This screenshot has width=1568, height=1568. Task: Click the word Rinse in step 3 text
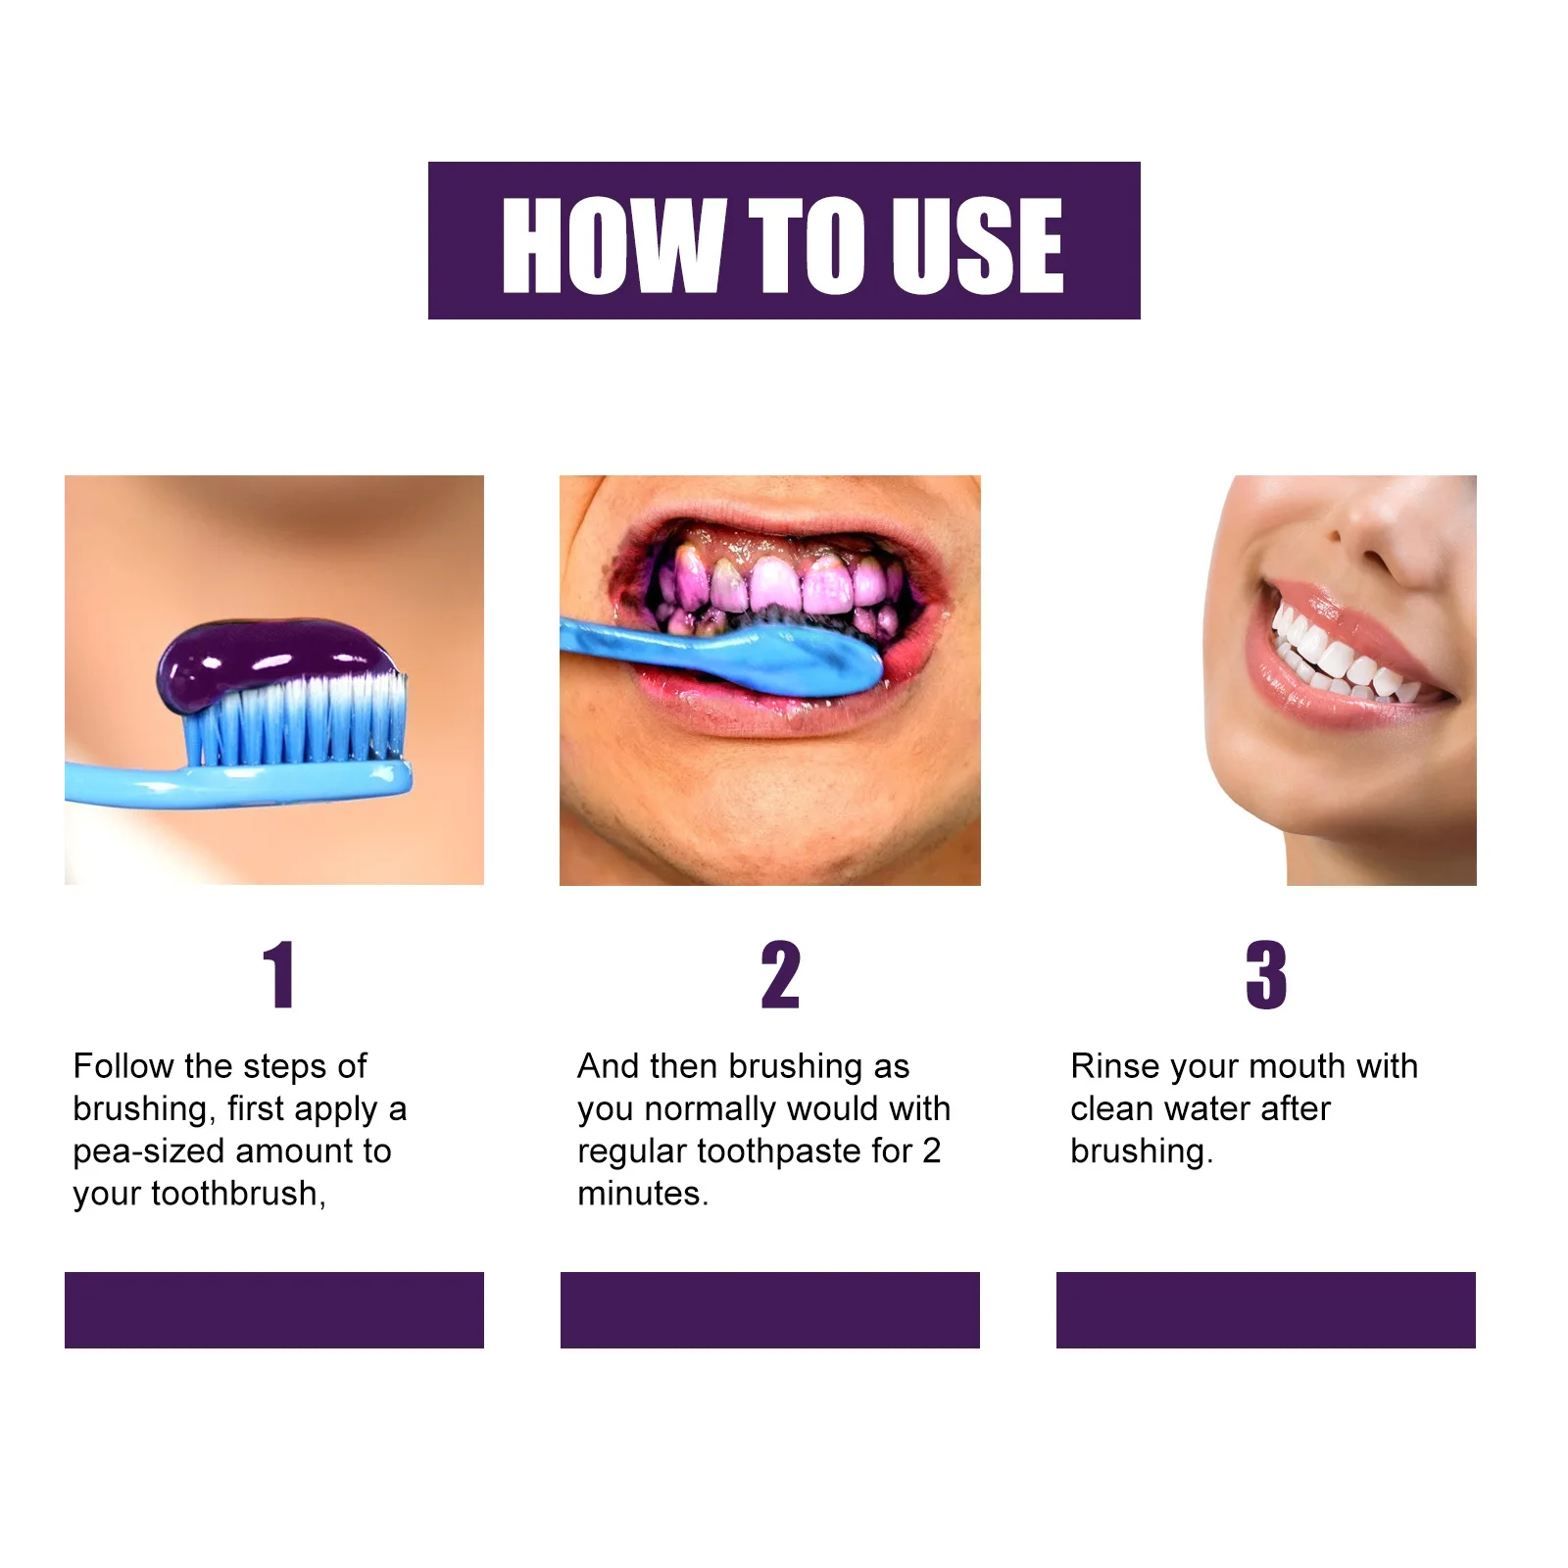[x=1114, y=1065]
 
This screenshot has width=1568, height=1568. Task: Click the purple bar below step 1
[x=274, y=1309]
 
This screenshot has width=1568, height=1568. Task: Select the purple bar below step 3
[x=1265, y=1309]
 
